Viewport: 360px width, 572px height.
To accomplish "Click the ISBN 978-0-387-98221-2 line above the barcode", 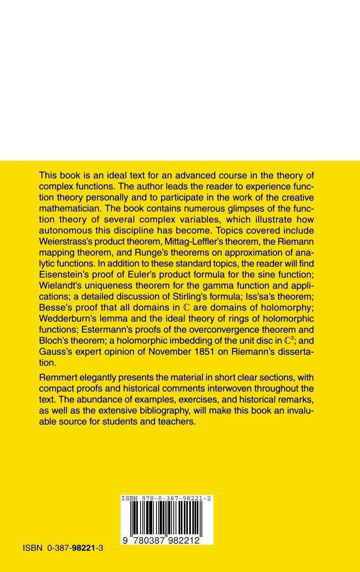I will (166, 498).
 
